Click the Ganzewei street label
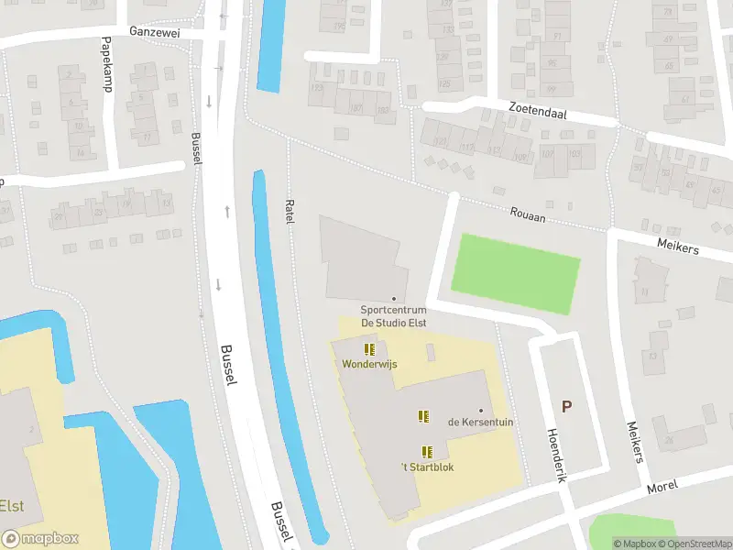155,30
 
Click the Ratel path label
290,214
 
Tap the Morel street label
662,487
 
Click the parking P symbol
566,407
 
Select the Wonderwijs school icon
369,349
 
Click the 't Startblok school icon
427,451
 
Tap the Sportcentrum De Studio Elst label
394,316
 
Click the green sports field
517,273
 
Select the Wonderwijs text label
369,364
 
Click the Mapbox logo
40,539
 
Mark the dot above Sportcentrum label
394,299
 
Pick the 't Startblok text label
427,467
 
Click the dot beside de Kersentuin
480,411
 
